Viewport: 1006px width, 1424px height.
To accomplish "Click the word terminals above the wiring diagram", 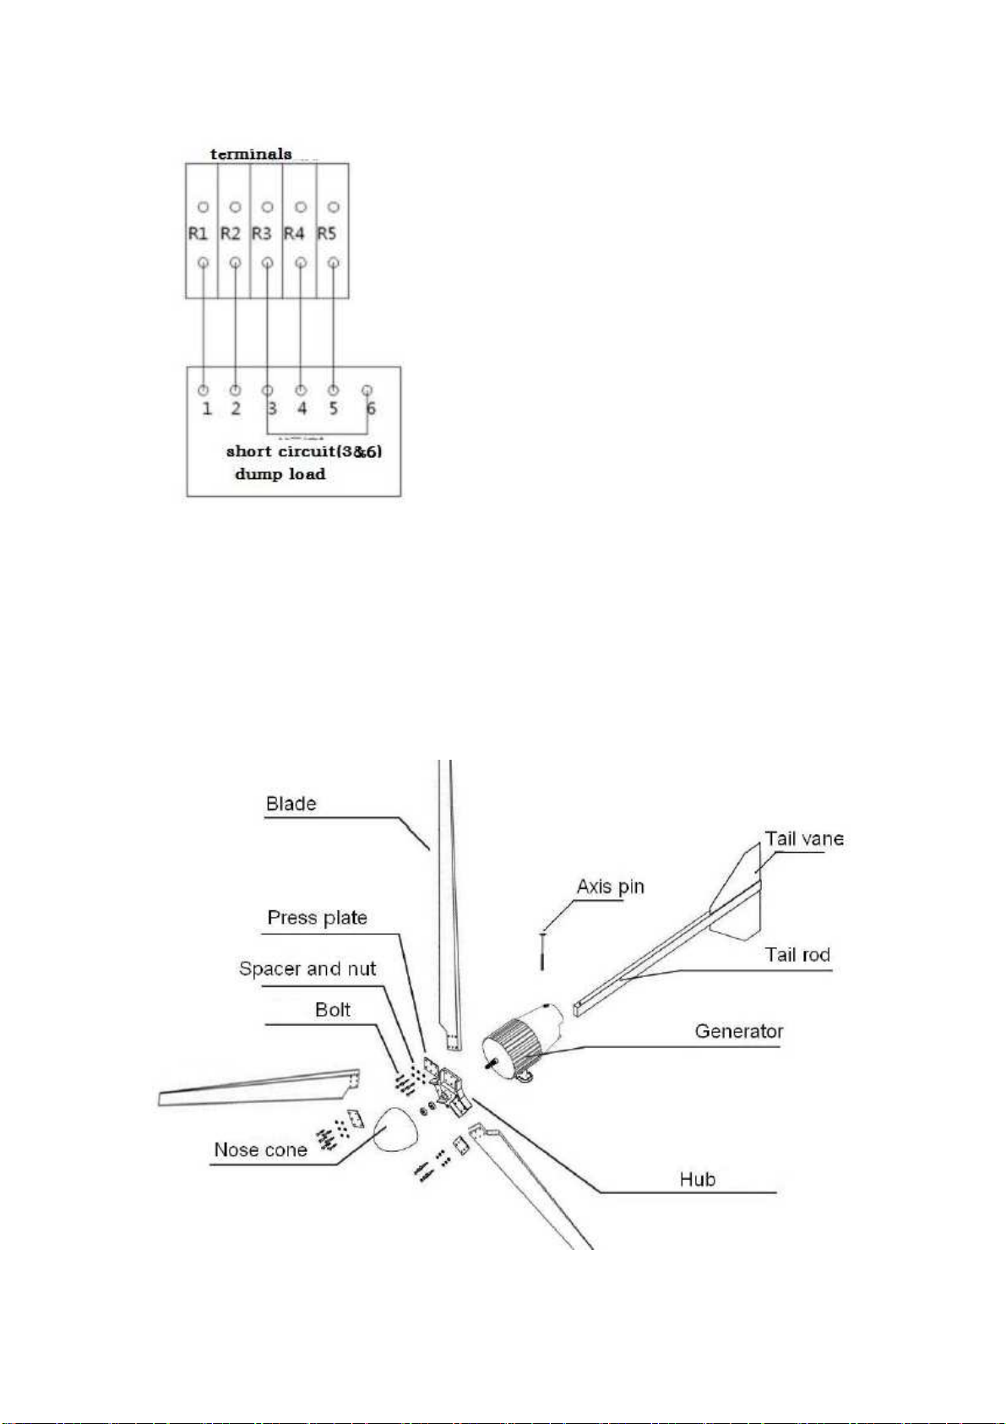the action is (251, 154).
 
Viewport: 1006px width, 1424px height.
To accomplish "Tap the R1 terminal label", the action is (198, 234).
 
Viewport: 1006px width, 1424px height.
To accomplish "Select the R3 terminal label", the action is (262, 234).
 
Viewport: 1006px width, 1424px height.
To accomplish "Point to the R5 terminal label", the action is (327, 234).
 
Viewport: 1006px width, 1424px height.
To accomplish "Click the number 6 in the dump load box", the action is (371, 408).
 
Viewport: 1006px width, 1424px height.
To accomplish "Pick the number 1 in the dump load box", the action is (207, 408).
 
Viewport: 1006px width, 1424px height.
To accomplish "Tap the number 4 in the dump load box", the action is (302, 408).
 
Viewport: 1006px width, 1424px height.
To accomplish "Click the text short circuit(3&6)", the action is (304, 452).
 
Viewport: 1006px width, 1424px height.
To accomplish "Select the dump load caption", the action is (280, 474).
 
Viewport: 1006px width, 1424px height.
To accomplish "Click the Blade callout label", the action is (291, 804).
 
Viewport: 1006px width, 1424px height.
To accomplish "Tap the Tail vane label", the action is (804, 838).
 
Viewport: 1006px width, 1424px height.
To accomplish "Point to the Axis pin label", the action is (610, 887).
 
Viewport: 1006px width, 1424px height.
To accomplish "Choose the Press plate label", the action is (317, 917).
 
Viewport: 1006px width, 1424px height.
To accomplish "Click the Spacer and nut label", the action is (307, 968).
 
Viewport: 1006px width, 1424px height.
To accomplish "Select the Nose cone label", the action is (260, 1150).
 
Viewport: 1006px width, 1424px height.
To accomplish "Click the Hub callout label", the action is (697, 1180).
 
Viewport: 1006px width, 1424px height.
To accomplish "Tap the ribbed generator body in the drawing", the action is (512, 1049).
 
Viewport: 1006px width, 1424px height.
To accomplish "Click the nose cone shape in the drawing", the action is (395, 1129).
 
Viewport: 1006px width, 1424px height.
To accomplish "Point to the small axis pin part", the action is (542, 951).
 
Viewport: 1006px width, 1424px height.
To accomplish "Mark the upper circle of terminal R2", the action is (235, 207).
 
